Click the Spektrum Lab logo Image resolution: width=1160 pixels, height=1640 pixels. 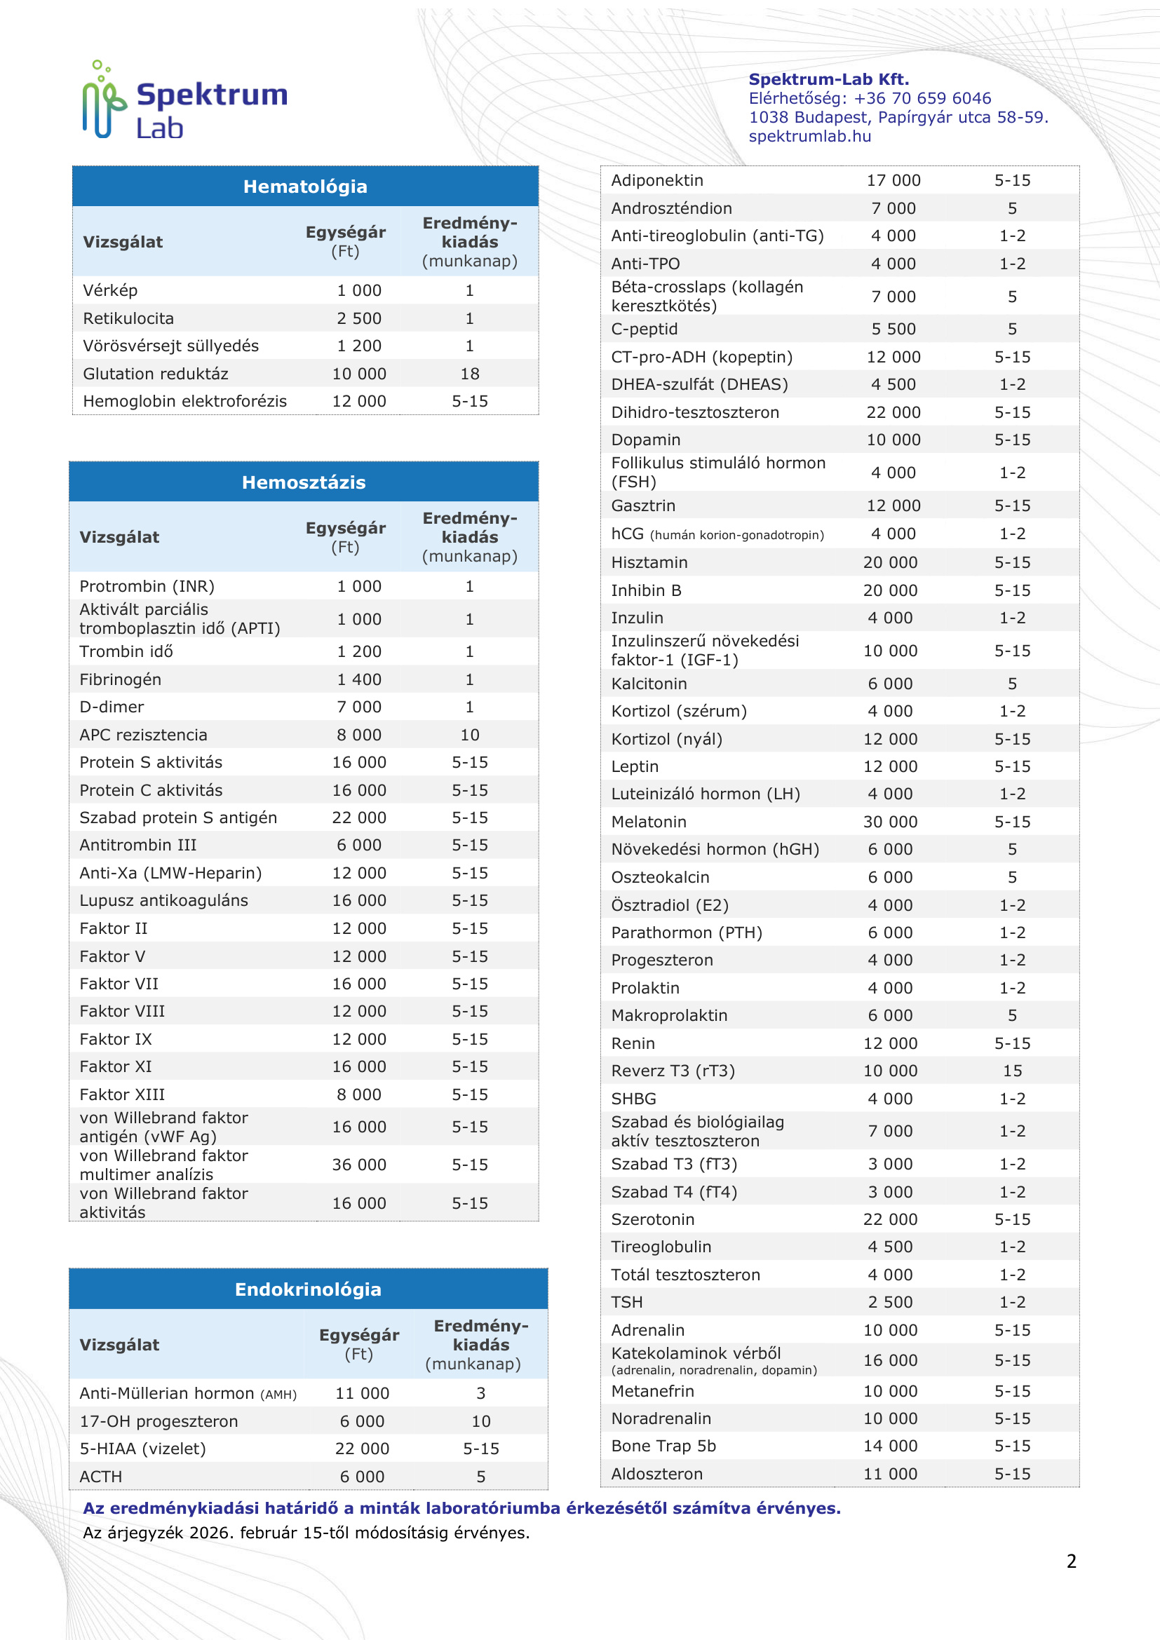(184, 100)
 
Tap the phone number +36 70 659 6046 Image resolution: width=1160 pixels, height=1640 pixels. (922, 99)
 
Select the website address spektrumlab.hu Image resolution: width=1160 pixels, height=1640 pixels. (809, 137)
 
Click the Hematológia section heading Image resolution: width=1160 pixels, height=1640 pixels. (305, 187)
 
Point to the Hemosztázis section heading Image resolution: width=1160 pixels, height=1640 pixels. (304, 483)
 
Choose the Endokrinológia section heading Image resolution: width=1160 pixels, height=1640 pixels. (308, 1290)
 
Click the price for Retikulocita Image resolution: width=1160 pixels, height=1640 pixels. (358, 318)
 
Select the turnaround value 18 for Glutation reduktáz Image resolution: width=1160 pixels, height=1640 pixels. (469, 374)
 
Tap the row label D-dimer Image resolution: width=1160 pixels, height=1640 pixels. (112, 707)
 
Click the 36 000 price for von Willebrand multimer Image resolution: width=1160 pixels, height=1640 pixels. (358, 1165)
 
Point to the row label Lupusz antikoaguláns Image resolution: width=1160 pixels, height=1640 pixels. (163, 901)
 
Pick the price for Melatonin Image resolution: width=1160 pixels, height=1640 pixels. (890, 822)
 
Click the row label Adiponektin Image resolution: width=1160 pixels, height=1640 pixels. (656, 181)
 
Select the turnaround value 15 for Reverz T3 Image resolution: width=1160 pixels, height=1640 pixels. (1012, 1071)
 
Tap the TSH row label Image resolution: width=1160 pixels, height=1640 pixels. (626, 1303)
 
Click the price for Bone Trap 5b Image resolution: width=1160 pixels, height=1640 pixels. (890, 1446)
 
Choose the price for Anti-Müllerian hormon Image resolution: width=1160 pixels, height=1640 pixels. (362, 1394)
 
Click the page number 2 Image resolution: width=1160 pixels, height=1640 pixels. (1071, 1561)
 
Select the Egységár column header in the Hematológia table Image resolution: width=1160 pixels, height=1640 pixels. (345, 241)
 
